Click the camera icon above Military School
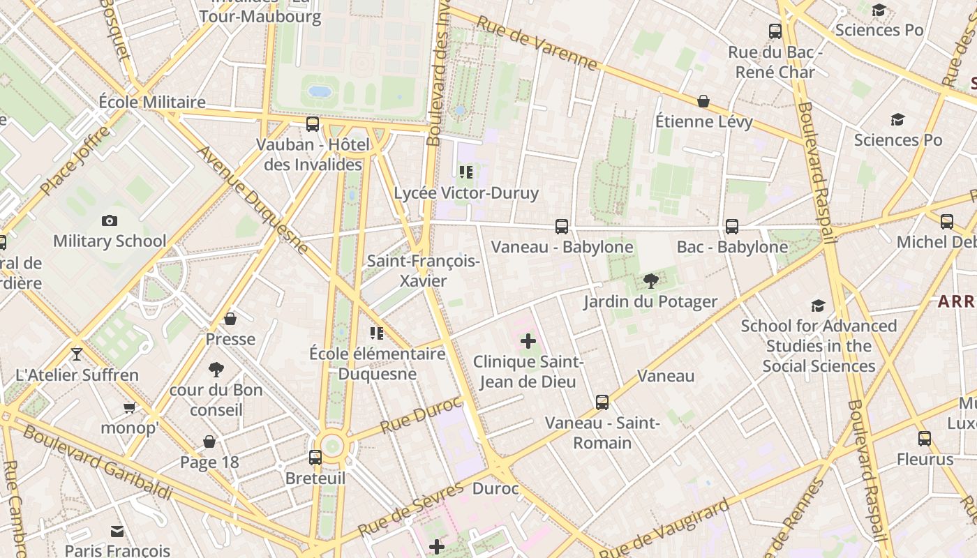(x=110, y=221)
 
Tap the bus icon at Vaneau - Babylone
(x=562, y=227)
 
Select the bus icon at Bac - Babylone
(x=732, y=227)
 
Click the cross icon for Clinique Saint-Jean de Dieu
(x=528, y=341)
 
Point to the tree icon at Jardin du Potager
(x=651, y=281)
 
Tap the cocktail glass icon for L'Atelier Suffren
(x=77, y=354)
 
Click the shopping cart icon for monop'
(x=129, y=407)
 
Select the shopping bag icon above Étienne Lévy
(x=703, y=102)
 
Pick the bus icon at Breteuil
(x=315, y=458)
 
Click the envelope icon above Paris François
(x=117, y=531)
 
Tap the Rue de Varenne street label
(x=537, y=43)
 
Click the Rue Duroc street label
(x=421, y=414)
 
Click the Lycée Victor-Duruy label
(x=466, y=193)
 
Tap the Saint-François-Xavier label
(x=424, y=271)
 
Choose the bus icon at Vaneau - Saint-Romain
(x=602, y=402)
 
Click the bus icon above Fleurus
(x=925, y=439)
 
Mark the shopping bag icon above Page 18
(x=209, y=442)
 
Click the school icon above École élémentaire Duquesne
(x=377, y=333)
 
